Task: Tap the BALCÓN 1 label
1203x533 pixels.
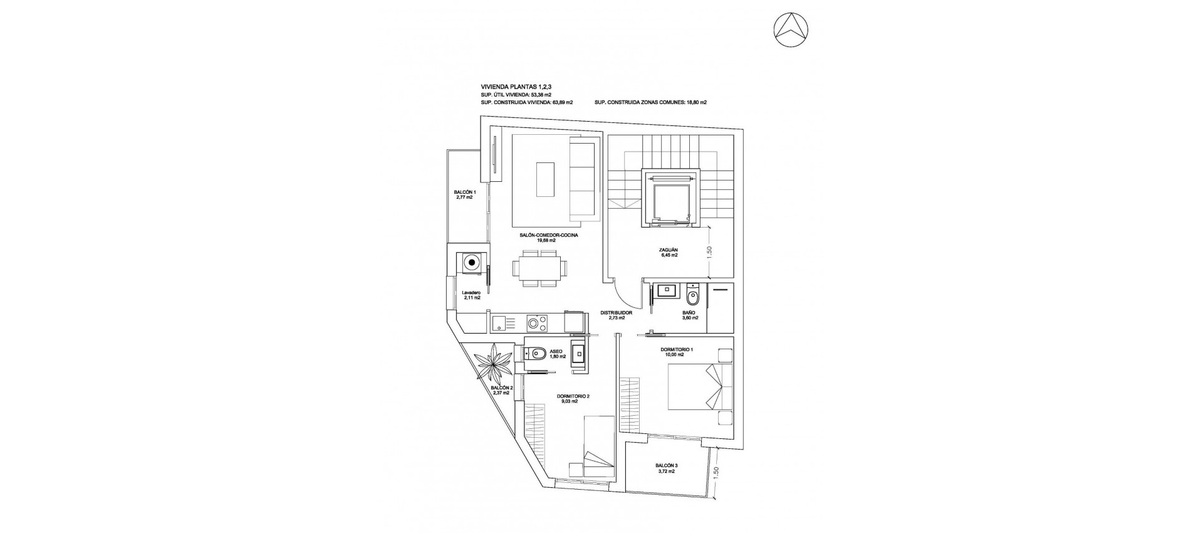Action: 465,195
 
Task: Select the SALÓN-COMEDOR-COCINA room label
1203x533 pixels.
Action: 548,237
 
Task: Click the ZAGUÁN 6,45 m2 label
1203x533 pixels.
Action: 669,252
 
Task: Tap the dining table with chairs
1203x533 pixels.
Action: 539,268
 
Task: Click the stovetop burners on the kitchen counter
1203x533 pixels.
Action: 97,324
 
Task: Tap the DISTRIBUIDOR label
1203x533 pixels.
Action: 616,315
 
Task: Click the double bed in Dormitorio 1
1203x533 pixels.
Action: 700,388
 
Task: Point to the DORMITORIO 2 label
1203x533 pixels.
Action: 573,399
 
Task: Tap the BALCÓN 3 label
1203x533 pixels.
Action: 666,485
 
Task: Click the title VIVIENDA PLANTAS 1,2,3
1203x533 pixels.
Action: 516,87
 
